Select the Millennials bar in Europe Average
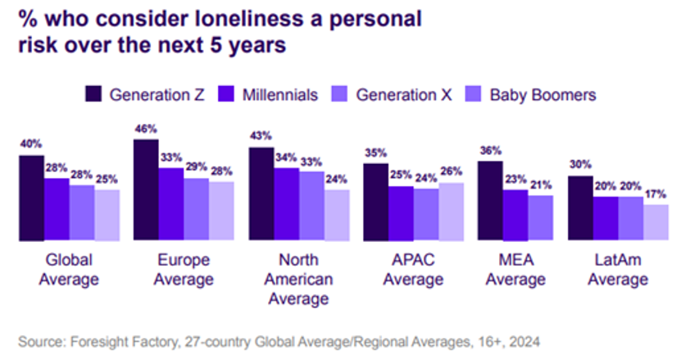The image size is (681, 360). click(x=171, y=204)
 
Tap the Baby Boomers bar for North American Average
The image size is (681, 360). click(x=336, y=215)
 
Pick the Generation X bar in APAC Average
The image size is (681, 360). click(x=426, y=215)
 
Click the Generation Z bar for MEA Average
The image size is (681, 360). click(x=491, y=201)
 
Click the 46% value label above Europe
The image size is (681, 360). click(x=147, y=130)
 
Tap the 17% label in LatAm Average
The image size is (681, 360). click(x=656, y=194)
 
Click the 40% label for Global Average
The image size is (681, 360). click(x=31, y=145)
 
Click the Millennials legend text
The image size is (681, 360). click(x=279, y=94)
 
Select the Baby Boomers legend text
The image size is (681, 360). click(x=543, y=94)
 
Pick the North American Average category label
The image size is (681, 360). click(x=298, y=280)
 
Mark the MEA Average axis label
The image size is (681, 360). click(x=515, y=270)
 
